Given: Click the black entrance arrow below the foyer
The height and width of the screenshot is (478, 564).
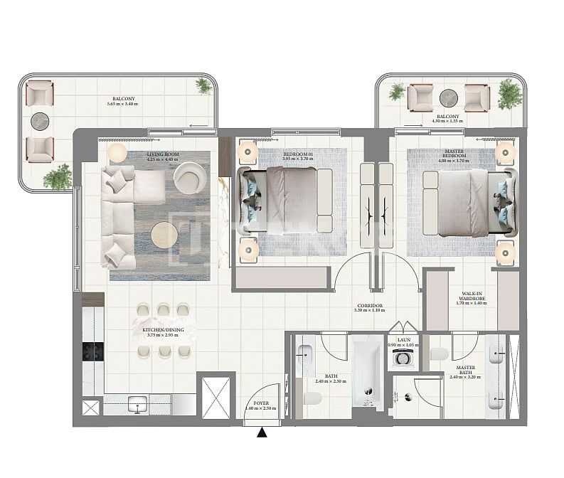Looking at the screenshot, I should pyautogui.click(x=262, y=432).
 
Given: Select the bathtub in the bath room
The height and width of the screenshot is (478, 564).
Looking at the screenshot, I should pyautogui.click(x=367, y=373).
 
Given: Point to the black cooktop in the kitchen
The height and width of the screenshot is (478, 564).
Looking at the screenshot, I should pyautogui.click(x=93, y=352).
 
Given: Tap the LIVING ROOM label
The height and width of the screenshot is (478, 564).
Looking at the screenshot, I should pyautogui.click(x=163, y=154).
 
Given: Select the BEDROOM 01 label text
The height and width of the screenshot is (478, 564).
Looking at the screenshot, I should pyautogui.click(x=298, y=154).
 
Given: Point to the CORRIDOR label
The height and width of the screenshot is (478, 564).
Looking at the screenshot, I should pyautogui.click(x=370, y=306).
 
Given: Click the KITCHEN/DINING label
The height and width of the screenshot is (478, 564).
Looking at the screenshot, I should pyautogui.click(x=163, y=330).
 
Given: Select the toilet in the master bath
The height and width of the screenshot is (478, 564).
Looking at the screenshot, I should pyautogui.click(x=439, y=354).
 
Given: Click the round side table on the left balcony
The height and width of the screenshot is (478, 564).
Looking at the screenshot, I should pyautogui.click(x=40, y=121).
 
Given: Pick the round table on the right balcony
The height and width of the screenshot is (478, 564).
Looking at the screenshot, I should pyautogui.click(x=449, y=98).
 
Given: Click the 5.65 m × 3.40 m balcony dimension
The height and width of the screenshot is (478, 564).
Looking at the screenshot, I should pyautogui.click(x=123, y=104).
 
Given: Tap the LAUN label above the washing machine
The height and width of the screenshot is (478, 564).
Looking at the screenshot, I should pyautogui.click(x=403, y=340).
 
